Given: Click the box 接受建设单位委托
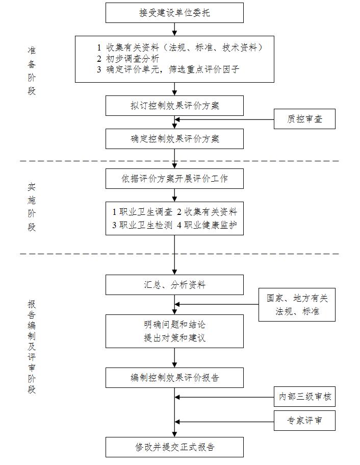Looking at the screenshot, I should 174,13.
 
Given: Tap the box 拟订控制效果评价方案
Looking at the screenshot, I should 174,106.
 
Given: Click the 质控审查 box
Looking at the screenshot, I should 304,120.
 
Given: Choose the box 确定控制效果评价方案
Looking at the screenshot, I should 174,139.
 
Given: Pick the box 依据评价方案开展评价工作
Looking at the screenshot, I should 174,179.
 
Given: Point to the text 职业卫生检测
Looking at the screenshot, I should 142,225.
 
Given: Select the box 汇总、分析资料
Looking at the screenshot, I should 174,285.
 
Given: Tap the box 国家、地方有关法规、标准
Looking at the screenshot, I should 297,305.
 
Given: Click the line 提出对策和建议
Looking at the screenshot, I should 174,338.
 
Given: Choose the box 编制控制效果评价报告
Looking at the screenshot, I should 174,378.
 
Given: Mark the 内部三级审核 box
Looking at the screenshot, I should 304,397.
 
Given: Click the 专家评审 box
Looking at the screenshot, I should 304,421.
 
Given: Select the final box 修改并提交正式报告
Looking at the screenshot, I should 174,447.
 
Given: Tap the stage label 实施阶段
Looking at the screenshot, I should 32,207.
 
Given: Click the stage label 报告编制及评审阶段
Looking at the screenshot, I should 32,347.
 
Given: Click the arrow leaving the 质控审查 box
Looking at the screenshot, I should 224,120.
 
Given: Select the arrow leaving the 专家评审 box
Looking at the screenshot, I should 224,421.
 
